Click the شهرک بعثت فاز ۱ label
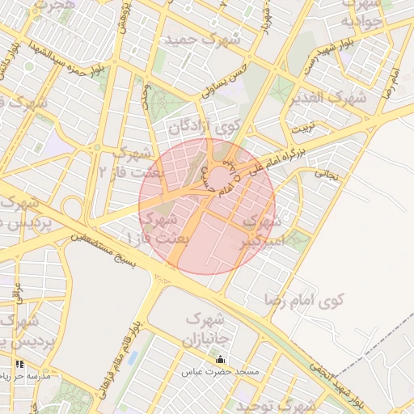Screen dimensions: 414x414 point(158,228)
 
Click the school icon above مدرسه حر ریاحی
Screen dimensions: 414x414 point(19,365)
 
